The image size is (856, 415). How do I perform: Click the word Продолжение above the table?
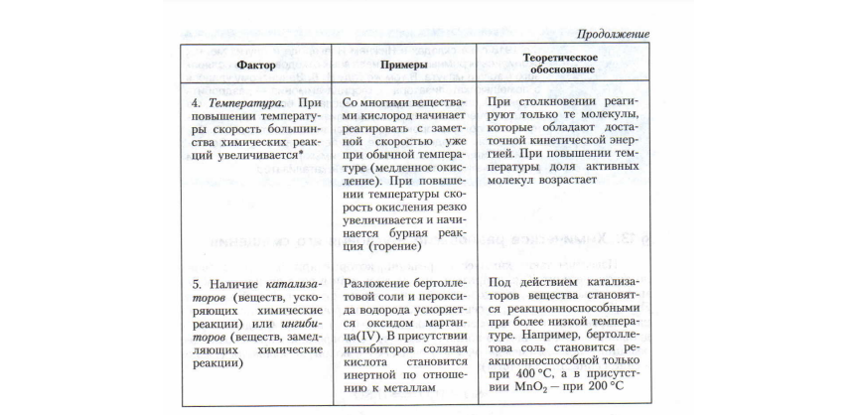(608, 34)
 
